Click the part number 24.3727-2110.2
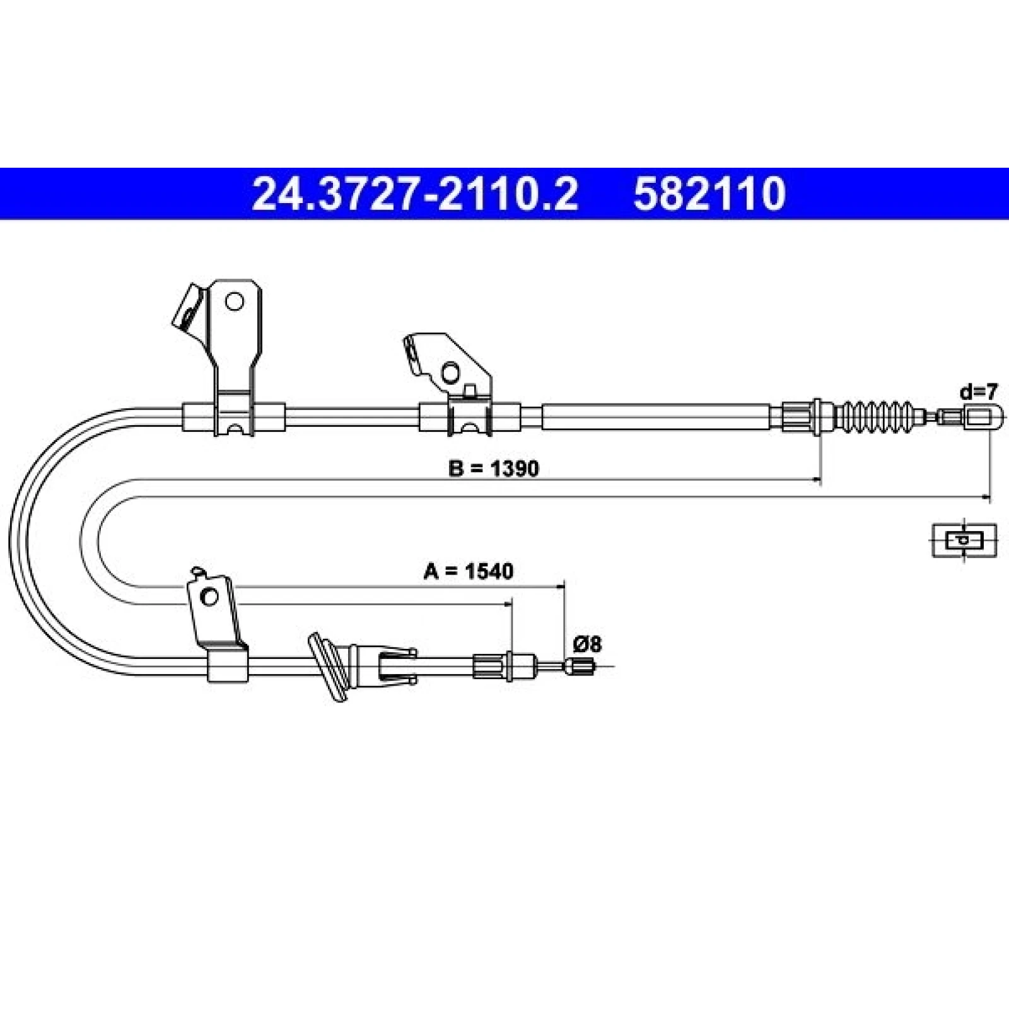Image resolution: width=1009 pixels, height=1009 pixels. click(414, 194)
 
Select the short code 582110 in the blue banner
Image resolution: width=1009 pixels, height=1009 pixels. click(709, 194)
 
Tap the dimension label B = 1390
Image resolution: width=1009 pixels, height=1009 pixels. click(494, 469)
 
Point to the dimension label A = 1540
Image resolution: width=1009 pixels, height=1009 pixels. click(469, 571)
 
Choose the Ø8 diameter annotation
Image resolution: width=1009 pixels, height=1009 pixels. click(587, 644)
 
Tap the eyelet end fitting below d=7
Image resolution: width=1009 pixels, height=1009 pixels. click(979, 417)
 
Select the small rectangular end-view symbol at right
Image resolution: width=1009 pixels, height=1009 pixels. click(964, 540)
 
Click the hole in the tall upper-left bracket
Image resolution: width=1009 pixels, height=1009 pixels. click(234, 301)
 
